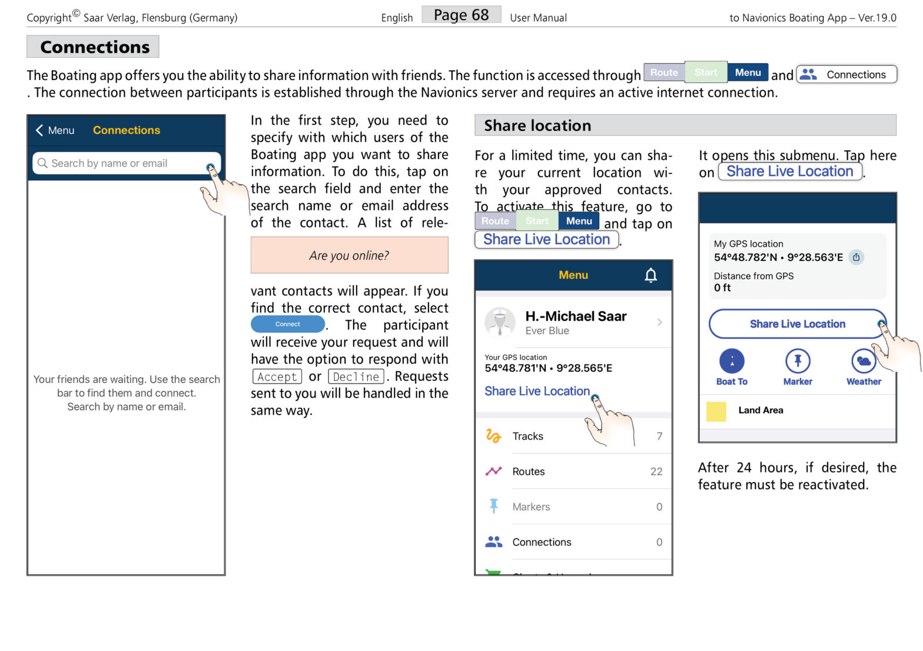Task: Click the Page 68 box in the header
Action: click(x=461, y=15)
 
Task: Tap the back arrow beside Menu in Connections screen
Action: click(x=39, y=130)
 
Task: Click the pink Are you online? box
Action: click(x=349, y=255)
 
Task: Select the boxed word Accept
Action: click(x=277, y=376)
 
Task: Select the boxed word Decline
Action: click(x=356, y=376)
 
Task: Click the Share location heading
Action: click(x=537, y=125)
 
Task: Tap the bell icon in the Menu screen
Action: click(x=650, y=275)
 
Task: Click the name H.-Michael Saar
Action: click(x=575, y=316)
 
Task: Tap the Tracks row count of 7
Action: click(x=659, y=436)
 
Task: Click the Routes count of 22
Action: click(x=656, y=471)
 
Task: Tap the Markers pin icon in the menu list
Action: click(x=493, y=506)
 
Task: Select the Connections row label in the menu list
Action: click(x=542, y=542)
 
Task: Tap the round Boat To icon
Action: click(x=732, y=361)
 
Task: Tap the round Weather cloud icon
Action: click(x=864, y=361)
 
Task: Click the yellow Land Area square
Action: click(x=716, y=411)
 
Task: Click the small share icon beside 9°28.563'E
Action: click(x=856, y=257)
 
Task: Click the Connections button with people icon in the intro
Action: click(x=846, y=74)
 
